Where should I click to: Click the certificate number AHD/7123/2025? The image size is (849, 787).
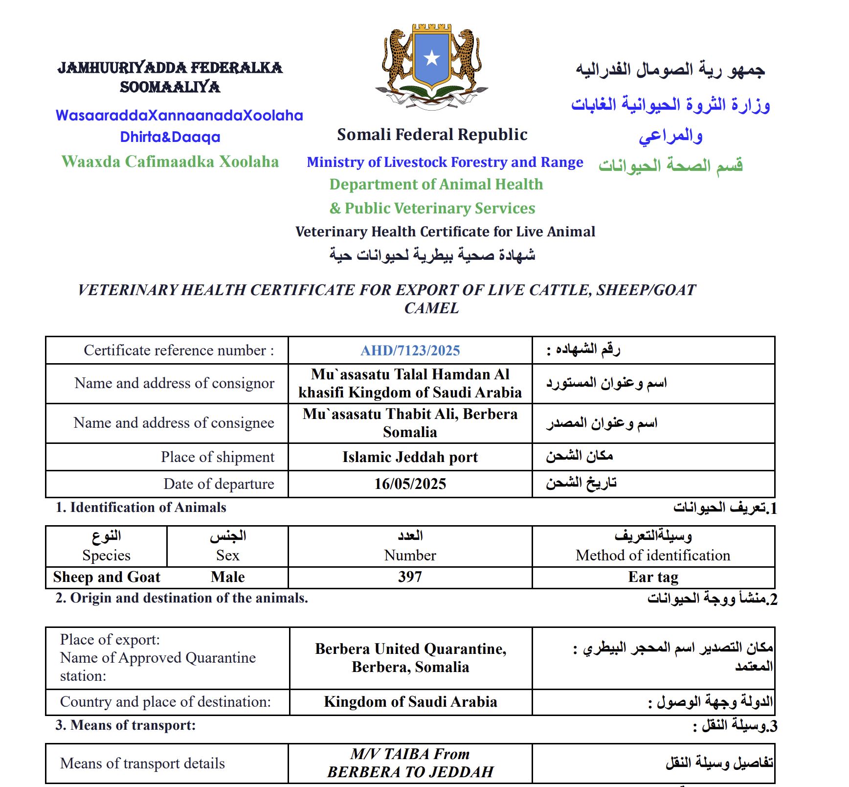tap(410, 350)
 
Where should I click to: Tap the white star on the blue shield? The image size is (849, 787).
tap(431, 58)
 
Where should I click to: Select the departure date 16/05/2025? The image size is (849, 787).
tap(410, 484)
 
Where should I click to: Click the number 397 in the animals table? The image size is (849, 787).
tap(410, 577)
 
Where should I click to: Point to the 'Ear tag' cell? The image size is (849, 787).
tap(653, 577)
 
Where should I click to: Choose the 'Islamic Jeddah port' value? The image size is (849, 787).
tap(410, 457)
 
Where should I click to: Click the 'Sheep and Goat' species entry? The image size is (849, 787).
tap(107, 577)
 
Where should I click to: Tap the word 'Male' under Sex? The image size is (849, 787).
tap(227, 577)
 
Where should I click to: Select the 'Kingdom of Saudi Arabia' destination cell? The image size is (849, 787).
tap(410, 702)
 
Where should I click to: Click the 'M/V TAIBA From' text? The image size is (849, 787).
tap(410, 754)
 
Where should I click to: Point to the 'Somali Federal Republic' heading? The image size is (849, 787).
tap(432, 135)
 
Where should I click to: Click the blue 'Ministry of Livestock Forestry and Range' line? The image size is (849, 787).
tap(445, 162)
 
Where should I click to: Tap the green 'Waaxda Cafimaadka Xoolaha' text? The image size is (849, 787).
tap(170, 162)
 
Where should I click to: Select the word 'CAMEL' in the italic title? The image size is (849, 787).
tap(431, 308)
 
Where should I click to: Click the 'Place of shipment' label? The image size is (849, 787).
tap(217, 457)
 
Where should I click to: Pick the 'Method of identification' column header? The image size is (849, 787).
tap(653, 556)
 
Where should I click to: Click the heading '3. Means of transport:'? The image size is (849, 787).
tap(125, 725)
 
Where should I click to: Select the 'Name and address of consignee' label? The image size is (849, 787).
tap(174, 423)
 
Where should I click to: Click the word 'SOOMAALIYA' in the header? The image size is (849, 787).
tap(170, 87)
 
